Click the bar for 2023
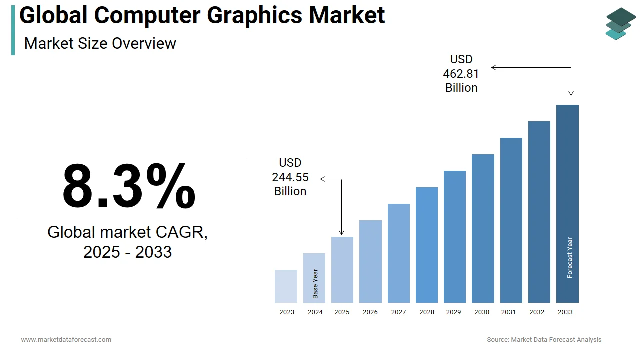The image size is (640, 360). point(286,286)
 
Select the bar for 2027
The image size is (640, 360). point(398,253)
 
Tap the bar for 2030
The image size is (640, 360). point(483,228)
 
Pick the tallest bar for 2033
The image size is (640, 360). point(567,204)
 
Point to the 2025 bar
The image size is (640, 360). point(342,270)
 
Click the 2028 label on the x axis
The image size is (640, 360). point(427,312)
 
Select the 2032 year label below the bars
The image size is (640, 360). point(537,312)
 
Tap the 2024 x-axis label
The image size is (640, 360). point(315,312)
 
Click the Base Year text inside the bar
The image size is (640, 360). point(315,284)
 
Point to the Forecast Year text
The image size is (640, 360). point(570,258)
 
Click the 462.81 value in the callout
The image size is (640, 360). point(461,74)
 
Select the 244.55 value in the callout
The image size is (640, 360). point(290,177)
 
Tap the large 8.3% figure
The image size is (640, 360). point(128,186)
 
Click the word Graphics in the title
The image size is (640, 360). point(254,15)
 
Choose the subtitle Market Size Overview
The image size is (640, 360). point(100,43)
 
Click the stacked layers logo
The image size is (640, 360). point(620,23)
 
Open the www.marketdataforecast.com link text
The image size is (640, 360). point(66,340)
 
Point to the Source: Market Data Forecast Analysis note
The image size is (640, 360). point(544,340)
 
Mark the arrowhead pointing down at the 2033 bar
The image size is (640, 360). point(571,93)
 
